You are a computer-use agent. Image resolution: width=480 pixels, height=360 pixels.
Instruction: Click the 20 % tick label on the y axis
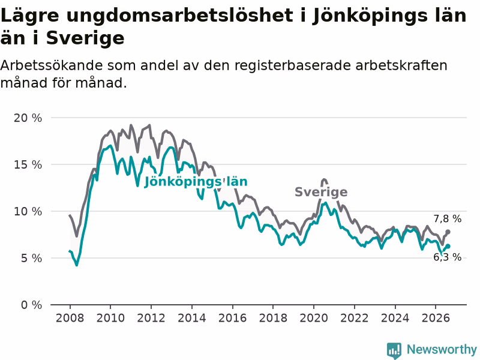tap(28, 118)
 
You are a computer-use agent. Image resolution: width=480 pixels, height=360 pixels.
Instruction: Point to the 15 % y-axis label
tap(28, 164)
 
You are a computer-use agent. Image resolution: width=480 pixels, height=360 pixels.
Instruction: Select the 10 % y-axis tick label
tap(28, 212)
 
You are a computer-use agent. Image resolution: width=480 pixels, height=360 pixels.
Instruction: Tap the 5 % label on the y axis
tap(31, 259)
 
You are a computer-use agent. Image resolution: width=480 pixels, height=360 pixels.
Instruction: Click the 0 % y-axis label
tap(31, 305)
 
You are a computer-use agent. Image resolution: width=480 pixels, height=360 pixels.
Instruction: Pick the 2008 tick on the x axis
tap(70, 318)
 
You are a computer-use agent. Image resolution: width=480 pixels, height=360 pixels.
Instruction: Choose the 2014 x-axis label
tap(192, 318)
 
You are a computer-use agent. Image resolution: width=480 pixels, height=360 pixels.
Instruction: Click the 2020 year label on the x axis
tap(314, 318)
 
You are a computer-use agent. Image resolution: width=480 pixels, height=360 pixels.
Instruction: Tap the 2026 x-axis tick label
tap(436, 318)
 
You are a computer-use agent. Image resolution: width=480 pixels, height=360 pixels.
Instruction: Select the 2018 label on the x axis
tap(273, 318)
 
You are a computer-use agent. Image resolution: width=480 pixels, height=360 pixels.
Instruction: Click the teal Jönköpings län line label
tap(196, 182)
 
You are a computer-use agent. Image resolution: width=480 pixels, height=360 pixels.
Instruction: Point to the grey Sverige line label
tap(321, 192)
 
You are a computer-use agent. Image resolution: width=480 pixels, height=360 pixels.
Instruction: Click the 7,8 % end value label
tap(447, 218)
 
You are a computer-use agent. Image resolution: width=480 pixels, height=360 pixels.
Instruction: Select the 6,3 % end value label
tap(447, 257)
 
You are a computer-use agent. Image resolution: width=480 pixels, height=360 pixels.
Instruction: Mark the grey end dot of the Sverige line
tap(448, 232)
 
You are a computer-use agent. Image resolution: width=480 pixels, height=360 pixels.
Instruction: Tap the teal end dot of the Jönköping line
tap(448, 246)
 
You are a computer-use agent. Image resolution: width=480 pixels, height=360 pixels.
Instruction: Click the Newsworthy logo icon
tap(394, 350)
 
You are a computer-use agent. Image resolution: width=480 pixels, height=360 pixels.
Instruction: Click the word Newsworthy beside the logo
tap(442, 349)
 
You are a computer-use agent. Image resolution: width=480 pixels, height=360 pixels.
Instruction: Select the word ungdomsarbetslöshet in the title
tap(179, 16)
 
